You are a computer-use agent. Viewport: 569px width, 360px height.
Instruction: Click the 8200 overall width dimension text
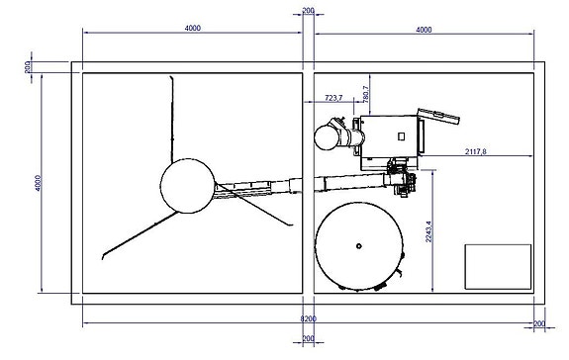click(x=308, y=319)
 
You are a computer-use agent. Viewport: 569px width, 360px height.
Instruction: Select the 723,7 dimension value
click(x=333, y=98)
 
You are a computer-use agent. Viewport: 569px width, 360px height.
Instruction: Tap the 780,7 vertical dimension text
click(x=366, y=94)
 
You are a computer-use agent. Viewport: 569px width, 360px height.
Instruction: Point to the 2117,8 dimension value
click(x=476, y=151)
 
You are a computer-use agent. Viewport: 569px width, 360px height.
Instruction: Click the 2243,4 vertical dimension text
click(x=428, y=231)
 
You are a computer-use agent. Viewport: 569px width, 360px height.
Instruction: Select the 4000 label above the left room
click(x=192, y=28)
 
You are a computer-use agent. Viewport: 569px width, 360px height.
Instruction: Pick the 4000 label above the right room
click(x=424, y=30)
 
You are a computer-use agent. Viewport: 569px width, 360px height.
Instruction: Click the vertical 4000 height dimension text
click(x=39, y=183)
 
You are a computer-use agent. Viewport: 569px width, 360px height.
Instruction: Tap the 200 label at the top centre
click(x=308, y=11)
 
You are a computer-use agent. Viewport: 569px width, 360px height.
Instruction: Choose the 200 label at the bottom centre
click(x=308, y=338)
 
